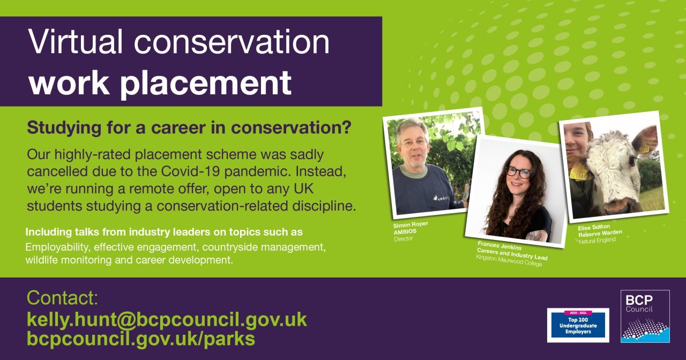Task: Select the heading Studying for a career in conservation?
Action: point(189,128)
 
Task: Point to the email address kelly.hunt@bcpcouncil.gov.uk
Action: point(167,320)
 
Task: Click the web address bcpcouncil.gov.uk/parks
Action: point(141,339)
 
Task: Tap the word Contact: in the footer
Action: point(62,298)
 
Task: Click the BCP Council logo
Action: point(645,316)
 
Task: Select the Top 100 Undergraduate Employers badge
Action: point(578,325)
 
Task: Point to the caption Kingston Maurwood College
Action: point(509,262)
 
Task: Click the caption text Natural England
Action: point(597,241)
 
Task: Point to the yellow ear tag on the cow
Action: point(578,174)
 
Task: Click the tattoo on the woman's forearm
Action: point(533,235)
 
